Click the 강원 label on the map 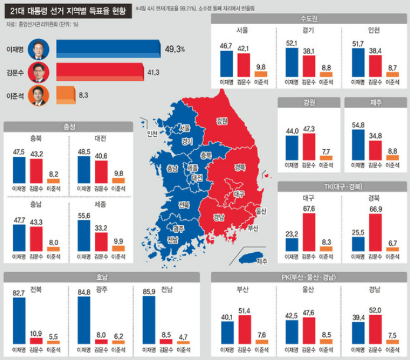[x=222, y=121]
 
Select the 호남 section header [x=102, y=277]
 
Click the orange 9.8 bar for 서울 [x=261, y=75]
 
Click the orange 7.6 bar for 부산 [x=261, y=341]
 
